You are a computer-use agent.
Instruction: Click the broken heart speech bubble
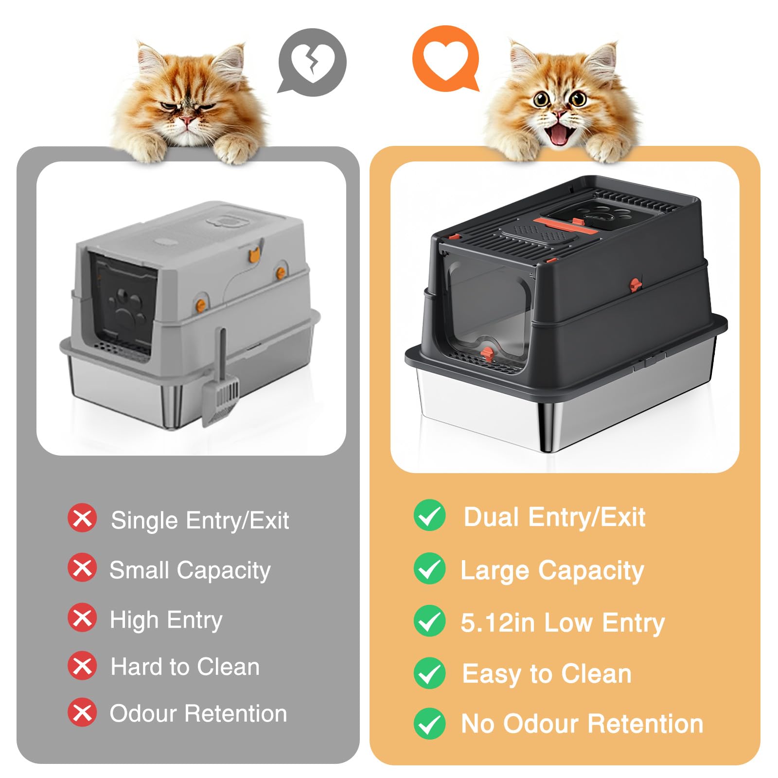[312, 62]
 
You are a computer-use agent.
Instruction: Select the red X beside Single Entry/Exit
[82, 518]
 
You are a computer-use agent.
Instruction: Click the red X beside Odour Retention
[82, 712]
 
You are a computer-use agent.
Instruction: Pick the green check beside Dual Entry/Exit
[429, 515]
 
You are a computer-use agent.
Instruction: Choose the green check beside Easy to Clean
[429, 673]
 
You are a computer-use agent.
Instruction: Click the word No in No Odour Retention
[478, 724]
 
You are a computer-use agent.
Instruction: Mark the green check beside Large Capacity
[429, 568]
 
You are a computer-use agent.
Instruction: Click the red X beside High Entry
[82, 618]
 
